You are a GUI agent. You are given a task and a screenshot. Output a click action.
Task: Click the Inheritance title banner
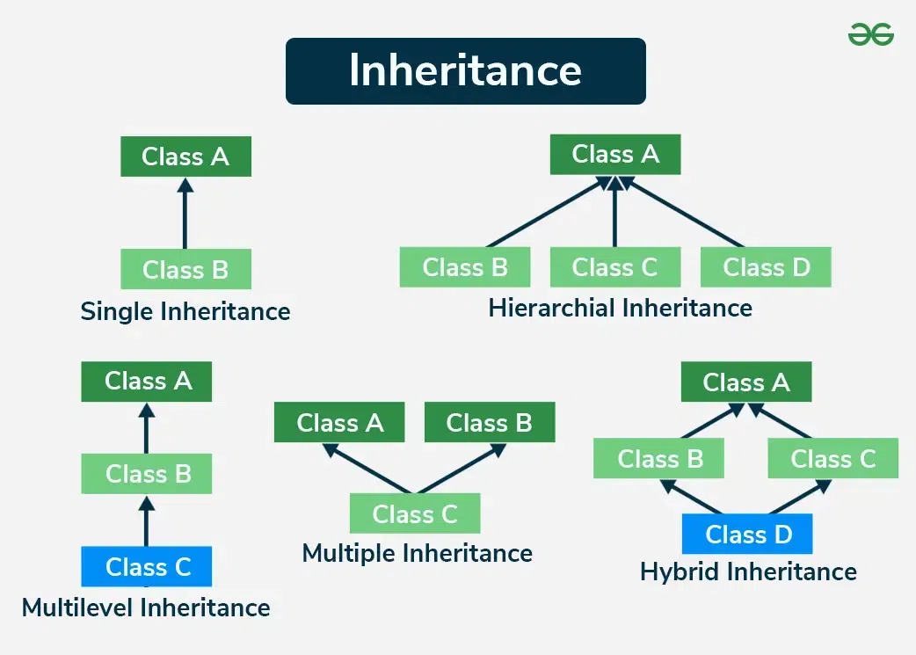465,71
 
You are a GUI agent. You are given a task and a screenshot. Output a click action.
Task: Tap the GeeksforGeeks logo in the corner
870,34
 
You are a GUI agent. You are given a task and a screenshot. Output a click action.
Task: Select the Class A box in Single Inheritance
185,156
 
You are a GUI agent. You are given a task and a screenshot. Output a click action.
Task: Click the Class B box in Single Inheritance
185,269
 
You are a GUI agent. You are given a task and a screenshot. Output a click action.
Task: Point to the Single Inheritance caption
185,311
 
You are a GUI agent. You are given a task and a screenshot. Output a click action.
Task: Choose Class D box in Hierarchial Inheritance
766,266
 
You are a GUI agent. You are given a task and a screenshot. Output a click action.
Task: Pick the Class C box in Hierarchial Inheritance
614,266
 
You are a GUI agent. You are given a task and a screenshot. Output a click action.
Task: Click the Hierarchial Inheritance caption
620,308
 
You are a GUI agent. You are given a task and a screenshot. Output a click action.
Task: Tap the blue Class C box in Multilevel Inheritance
147,566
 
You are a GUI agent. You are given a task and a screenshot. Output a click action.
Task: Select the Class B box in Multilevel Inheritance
147,474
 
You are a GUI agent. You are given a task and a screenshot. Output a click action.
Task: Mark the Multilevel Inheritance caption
146,608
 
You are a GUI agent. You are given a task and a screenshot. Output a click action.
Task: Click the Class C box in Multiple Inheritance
415,513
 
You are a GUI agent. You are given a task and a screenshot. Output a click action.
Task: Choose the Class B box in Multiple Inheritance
489,423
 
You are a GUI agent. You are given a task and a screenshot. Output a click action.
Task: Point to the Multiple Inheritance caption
417,553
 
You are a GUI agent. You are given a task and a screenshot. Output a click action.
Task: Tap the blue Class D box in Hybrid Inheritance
748,534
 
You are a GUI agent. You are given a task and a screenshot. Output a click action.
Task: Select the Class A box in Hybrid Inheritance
746,382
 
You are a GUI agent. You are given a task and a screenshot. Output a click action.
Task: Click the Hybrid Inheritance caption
748,572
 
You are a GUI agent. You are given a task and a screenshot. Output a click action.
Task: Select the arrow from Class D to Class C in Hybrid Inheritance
799,498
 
